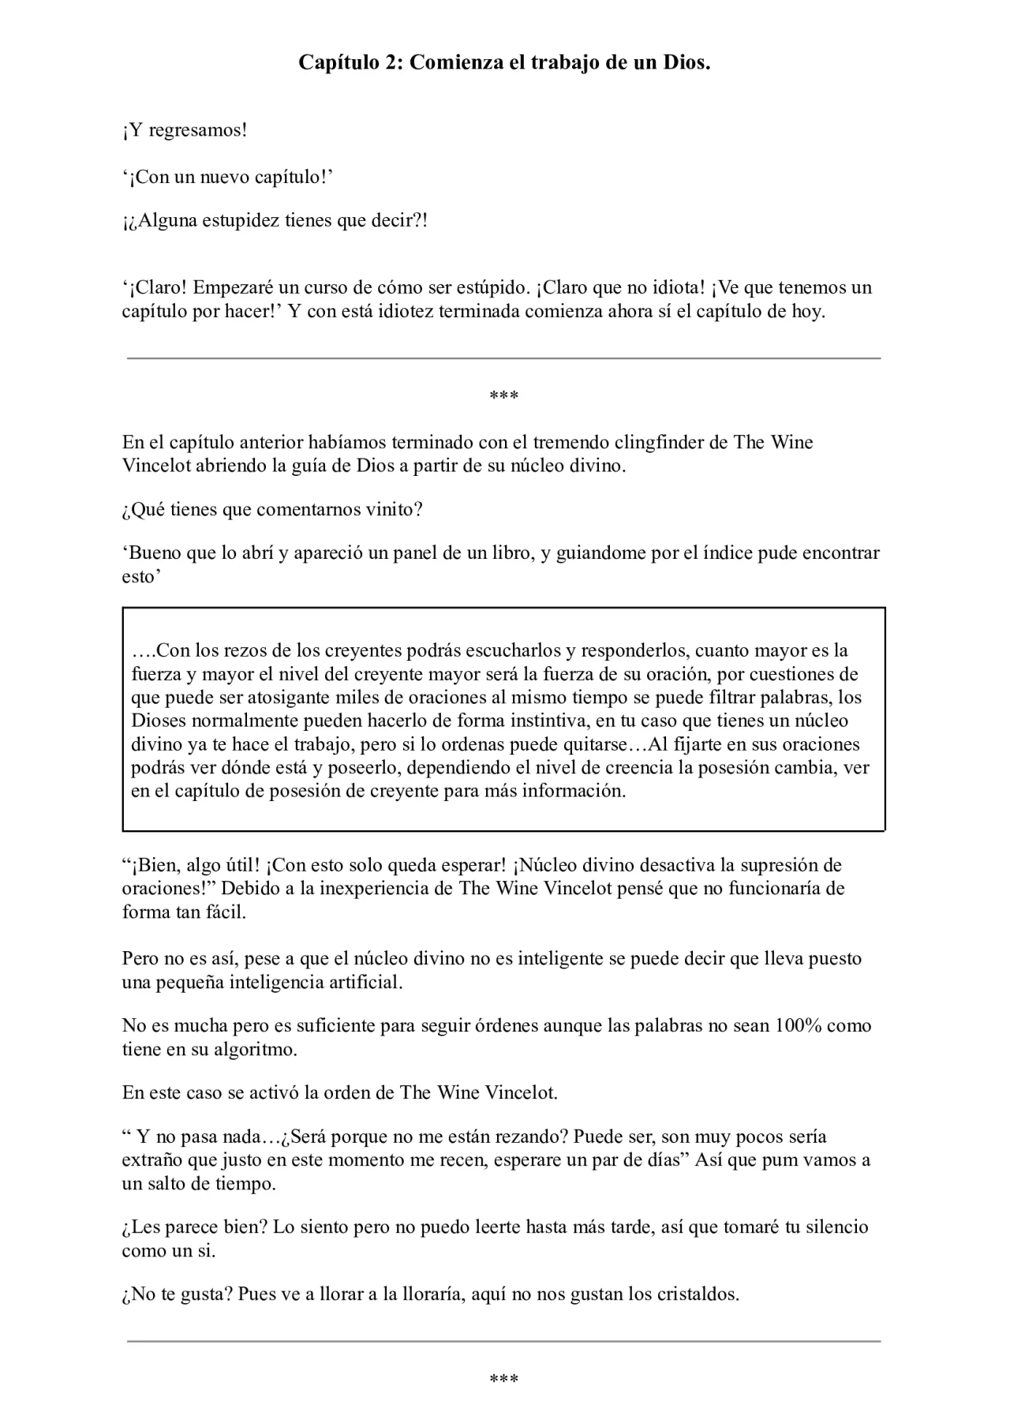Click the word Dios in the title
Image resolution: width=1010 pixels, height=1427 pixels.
point(685,63)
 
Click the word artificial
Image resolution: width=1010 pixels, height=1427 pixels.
point(363,983)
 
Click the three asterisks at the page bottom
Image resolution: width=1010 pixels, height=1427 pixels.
point(504,1379)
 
